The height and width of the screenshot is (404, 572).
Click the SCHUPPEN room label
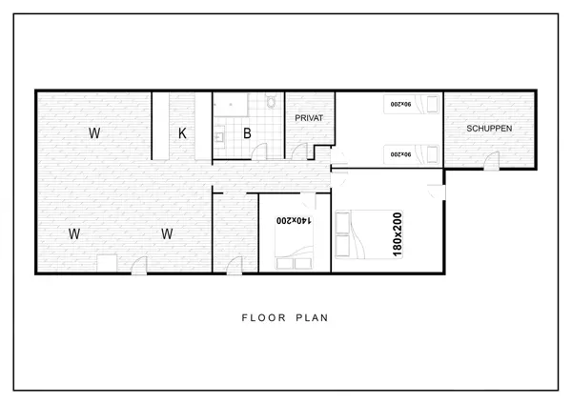(x=489, y=129)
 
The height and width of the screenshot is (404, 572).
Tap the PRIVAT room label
(x=309, y=118)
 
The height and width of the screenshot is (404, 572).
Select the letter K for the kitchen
(x=182, y=133)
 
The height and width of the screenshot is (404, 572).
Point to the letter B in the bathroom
(x=247, y=133)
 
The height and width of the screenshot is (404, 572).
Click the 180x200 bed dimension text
(x=398, y=234)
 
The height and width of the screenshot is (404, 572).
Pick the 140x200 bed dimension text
(x=294, y=221)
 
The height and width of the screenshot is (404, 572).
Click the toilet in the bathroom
(x=271, y=102)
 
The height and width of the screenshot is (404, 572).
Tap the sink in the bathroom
(x=219, y=137)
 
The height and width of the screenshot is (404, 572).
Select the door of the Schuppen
(x=492, y=160)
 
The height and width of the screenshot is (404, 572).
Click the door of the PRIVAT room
(x=300, y=151)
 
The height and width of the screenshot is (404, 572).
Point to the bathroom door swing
(x=259, y=151)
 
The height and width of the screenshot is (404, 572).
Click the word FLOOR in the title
(x=264, y=318)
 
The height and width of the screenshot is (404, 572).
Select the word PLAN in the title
(x=312, y=318)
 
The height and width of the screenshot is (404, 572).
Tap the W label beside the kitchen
(x=94, y=133)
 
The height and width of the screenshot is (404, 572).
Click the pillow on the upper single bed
(x=432, y=104)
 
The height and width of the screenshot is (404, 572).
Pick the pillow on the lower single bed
(x=432, y=154)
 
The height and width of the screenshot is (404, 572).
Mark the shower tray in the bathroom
(x=231, y=105)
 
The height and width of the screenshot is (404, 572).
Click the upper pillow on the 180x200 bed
(x=342, y=222)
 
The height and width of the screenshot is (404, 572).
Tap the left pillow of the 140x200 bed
(x=284, y=264)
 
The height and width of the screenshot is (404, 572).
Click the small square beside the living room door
(x=107, y=263)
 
